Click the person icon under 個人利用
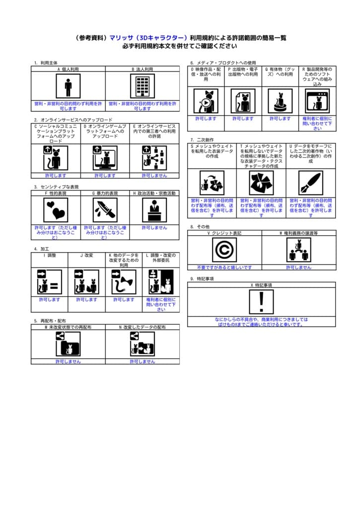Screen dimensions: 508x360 click(68, 86)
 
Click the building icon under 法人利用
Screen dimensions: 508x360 click(143, 86)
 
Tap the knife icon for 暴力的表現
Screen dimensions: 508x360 click(105, 210)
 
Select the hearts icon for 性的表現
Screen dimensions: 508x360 click(56, 210)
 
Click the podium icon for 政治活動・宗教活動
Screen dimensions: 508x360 click(154, 210)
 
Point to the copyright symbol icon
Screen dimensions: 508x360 click(224, 250)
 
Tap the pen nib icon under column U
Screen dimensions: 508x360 click(311, 183)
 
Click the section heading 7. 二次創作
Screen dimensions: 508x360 click(202, 140)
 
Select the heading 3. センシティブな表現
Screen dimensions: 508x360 click(56, 187)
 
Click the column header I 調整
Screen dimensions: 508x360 click(50, 255)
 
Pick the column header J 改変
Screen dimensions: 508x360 click(86, 255)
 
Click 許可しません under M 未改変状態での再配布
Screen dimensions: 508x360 click(68, 362)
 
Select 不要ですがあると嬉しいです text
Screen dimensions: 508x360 click(224, 267)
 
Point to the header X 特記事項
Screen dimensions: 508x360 click(262, 285)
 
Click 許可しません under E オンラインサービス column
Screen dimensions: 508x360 click(154, 175)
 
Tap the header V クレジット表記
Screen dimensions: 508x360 click(224, 232)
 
